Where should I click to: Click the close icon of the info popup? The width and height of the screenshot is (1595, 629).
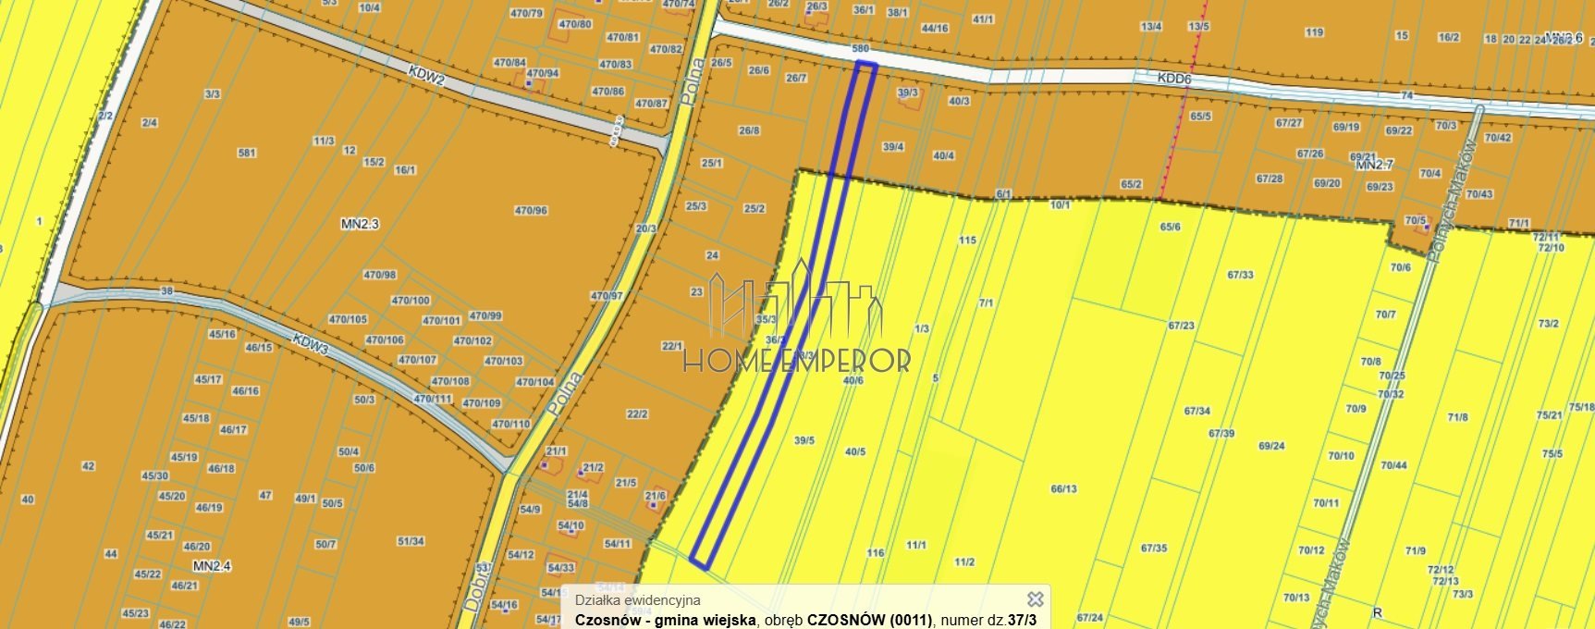click(1036, 599)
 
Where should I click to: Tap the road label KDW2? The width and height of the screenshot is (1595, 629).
click(427, 75)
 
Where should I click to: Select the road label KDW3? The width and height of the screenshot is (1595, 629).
click(311, 343)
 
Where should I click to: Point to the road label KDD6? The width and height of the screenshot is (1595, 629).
click(1174, 80)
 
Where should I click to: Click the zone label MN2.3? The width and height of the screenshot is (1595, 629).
click(360, 224)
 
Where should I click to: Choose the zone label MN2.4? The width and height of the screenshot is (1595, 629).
click(212, 565)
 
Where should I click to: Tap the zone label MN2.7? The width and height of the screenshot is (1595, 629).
click(1374, 166)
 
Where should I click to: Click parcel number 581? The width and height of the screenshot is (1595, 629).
click(246, 153)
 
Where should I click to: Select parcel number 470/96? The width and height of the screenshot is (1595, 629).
click(531, 211)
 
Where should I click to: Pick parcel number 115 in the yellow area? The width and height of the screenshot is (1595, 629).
click(967, 240)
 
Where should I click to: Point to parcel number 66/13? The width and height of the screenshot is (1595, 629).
click(1063, 489)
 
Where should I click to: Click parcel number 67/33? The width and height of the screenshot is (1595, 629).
click(1240, 275)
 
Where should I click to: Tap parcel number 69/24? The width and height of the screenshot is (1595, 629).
click(1271, 446)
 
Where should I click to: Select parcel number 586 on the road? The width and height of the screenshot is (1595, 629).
click(860, 48)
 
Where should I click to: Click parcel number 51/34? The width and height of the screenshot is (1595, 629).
click(411, 541)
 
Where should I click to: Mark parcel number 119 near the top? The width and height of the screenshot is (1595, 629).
click(1314, 33)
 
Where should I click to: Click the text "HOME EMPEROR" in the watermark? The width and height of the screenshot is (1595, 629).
click(796, 361)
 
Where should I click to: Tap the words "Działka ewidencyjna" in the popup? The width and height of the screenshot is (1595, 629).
click(637, 600)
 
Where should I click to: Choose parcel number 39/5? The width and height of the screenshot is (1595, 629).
click(804, 441)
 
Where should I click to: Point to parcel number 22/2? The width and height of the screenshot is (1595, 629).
click(637, 414)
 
